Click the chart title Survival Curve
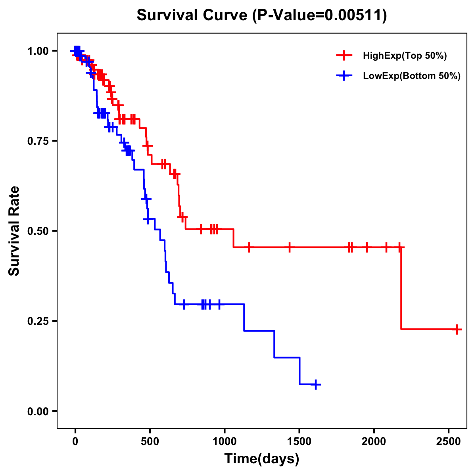pyautogui.click(x=192, y=15)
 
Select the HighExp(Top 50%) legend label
pyautogui.click(x=405, y=56)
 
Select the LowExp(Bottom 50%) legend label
pyautogui.click(x=412, y=76)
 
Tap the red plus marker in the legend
pyautogui.click(x=344, y=56)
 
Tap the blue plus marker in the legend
pyautogui.click(x=344, y=76)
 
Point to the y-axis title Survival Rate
pyautogui.click(x=14, y=230)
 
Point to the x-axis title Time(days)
pyautogui.click(x=262, y=459)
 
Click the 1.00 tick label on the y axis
pyautogui.click(x=37, y=51)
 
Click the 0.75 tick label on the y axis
pyautogui.click(x=37, y=141)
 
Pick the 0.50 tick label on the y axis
pyautogui.click(x=37, y=231)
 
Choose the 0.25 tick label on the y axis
pyautogui.click(x=37, y=321)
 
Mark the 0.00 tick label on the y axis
pyautogui.click(x=37, y=411)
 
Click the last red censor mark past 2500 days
pyautogui.click(x=457, y=329)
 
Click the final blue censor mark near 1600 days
pyautogui.click(x=316, y=384)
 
